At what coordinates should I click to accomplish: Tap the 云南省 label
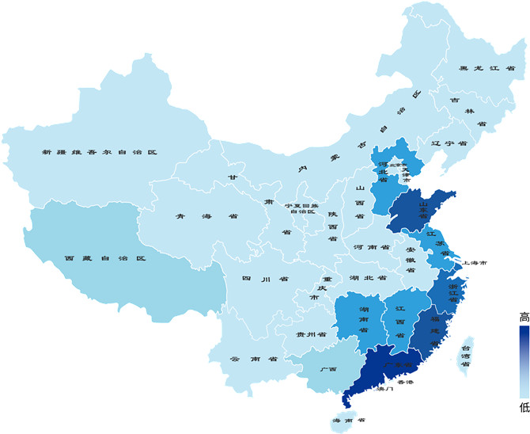[x=252, y=359]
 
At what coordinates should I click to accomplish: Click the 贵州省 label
[x=311, y=335]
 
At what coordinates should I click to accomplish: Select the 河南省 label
[x=372, y=247]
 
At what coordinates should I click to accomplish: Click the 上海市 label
[x=475, y=262]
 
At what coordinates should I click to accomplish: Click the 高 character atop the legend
[x=524, y=318]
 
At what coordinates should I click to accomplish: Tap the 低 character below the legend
[x=524, y=408]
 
